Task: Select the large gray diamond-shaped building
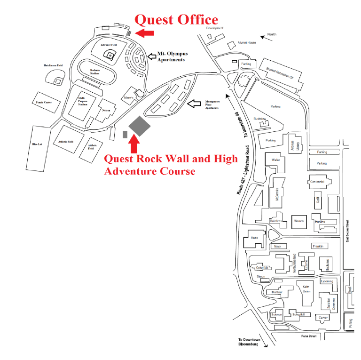click(140, 125)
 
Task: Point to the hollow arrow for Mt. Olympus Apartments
click(152, 56)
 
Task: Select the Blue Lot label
click(37, 144)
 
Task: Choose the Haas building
click(254, 238)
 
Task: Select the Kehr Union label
click(306, 288)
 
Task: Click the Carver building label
click(323, 318)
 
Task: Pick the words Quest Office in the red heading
click(176, 19)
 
